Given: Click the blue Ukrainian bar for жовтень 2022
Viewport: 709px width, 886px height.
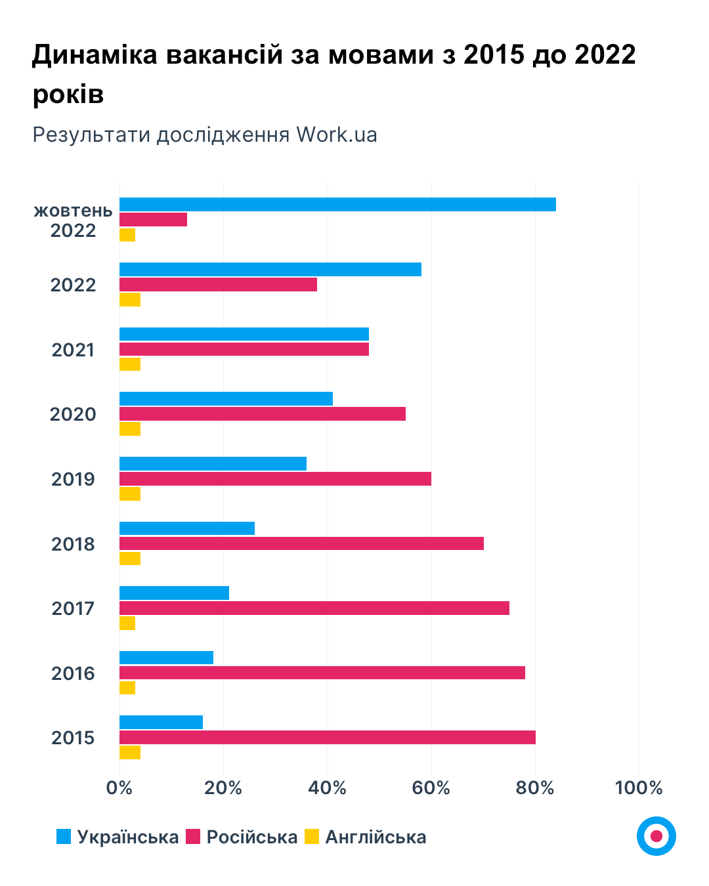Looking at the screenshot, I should tap(337, 204).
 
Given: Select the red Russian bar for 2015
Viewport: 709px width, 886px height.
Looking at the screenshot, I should tap(327, 737).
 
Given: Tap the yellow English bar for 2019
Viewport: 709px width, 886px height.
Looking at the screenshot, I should tap(130, 494).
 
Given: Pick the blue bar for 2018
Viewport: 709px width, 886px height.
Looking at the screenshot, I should tap(187, 528).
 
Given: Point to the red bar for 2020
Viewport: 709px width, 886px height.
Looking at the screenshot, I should tap(263, 413).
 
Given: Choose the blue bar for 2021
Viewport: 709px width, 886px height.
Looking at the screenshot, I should tap(244, 334).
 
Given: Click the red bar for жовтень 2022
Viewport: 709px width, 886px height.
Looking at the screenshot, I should tap(153, 219).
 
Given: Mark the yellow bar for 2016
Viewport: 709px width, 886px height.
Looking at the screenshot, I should tap(127, 688).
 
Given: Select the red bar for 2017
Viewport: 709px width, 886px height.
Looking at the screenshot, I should tap(314, 608).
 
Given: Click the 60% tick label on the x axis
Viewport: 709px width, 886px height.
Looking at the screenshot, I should tap(431, 788).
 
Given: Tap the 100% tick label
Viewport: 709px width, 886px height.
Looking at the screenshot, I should tap(639, 788).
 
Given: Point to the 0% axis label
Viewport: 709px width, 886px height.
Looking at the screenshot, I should tap(119, 788).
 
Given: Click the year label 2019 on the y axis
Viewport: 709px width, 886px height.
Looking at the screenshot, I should tap(73, 479).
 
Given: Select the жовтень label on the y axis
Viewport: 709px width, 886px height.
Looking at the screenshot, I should tap(73, 211).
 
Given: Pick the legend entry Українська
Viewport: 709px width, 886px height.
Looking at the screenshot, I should tap(127, 837).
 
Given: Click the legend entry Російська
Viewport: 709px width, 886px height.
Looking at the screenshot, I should tap(251, 837).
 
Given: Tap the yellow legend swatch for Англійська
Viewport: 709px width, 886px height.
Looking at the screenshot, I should tap(312, 837).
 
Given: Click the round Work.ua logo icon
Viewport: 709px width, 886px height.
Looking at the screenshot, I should tap(656, 836).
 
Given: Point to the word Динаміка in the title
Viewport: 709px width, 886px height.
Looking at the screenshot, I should tap(95, 54).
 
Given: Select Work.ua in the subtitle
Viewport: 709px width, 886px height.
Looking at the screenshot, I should tap(337, 135).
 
